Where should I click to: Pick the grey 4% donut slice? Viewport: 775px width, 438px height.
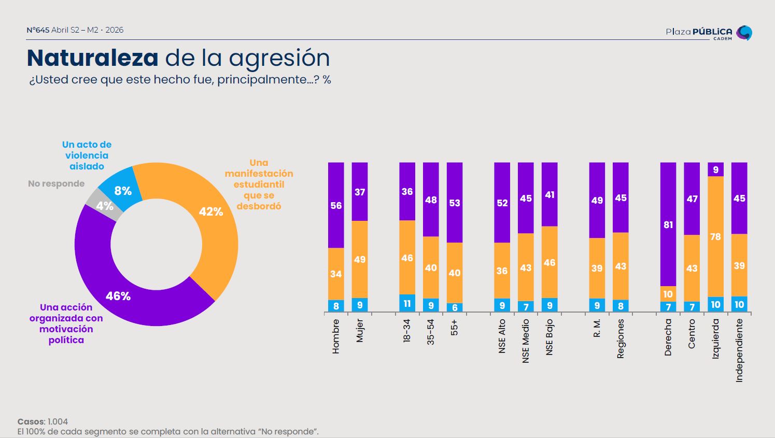pos(104,205)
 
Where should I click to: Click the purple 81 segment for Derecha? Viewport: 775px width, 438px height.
pos(668,224)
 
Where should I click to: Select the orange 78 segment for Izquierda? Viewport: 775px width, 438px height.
pos(715,236)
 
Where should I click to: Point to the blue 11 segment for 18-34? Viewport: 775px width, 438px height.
pos(407,303)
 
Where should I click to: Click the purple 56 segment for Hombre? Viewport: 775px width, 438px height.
pos(336,205)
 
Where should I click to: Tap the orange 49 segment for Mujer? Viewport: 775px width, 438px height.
pos(360,259)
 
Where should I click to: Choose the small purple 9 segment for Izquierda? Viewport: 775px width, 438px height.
pos(715,169)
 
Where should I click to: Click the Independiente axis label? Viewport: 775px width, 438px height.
pos(739,350)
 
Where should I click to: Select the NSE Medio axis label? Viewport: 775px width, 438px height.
pos(526,341)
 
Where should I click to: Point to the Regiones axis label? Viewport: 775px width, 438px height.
pos(621,338)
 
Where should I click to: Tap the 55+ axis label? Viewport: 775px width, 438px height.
pos(455,328)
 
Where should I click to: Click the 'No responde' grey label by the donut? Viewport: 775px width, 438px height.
pos(56,183)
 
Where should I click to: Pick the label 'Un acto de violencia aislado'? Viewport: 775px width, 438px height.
pos(87,156)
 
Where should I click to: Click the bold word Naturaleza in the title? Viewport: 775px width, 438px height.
pos(92,58)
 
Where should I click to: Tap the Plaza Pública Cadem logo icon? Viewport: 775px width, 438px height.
pos(744,33)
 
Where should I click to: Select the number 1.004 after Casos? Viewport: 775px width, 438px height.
pos(58,421)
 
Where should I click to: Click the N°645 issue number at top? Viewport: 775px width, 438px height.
pos(38,30)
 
